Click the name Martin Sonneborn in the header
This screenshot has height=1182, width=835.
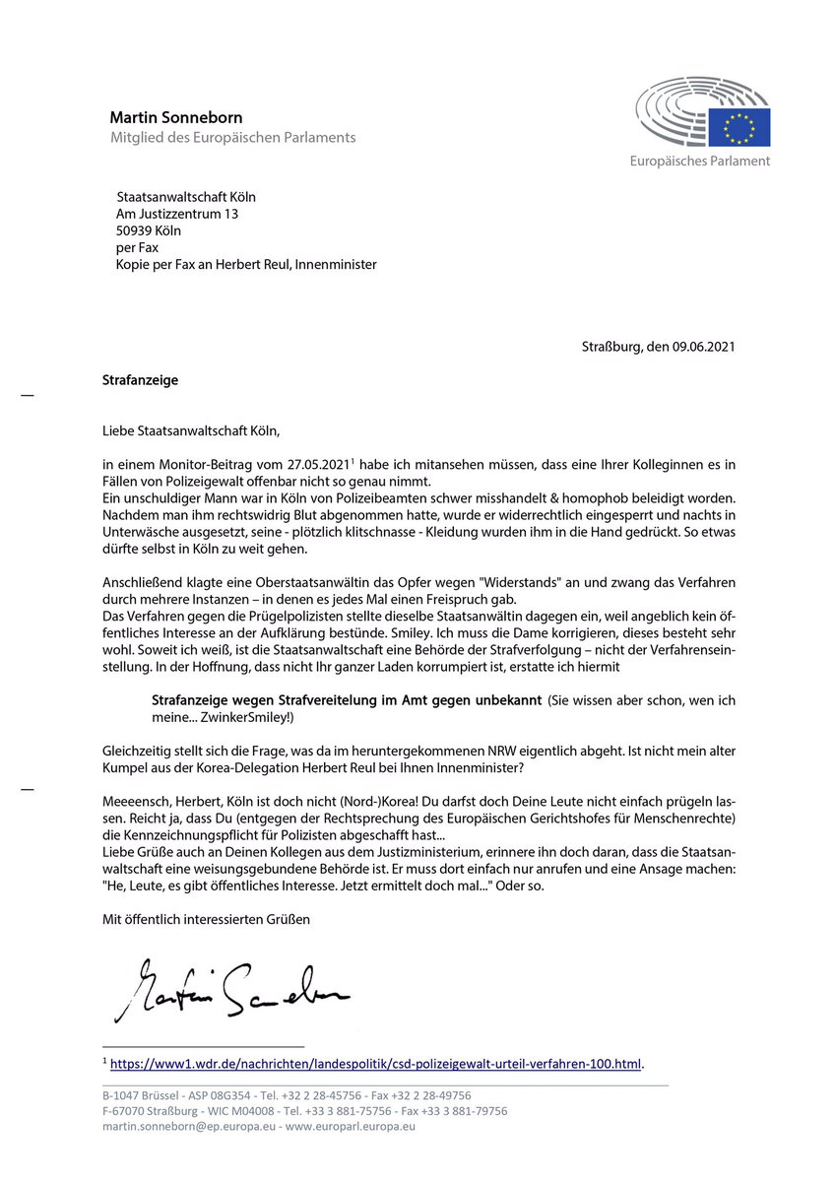click(x=175, y=118)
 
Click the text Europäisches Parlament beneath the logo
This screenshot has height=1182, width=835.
click(x=700, y=161)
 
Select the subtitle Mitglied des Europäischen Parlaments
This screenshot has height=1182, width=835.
click(x=232, y=138)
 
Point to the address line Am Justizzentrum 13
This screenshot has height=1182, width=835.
click(x=177, y=214)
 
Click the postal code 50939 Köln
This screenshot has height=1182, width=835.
click(x=149, y=230)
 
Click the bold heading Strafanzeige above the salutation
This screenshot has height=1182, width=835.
click(x=140, y=380)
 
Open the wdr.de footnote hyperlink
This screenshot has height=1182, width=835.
click(x=375, y=1064)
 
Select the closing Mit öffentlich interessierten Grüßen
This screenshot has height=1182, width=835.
click(x=207, y=919)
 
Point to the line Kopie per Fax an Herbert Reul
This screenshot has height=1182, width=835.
click(x=246, y=264)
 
